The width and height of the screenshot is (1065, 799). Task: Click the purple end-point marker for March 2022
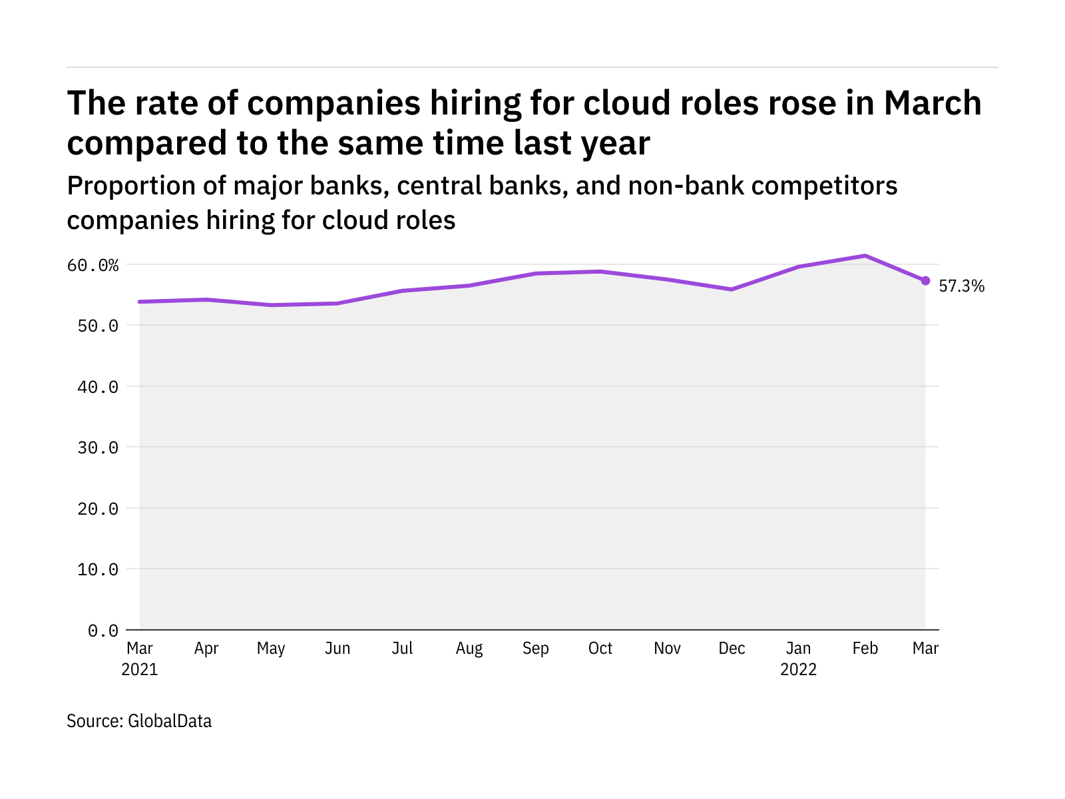pyautogui.click(x=925, y=281)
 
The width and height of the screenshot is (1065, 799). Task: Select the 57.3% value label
pyautogui.click(x=961, y=286)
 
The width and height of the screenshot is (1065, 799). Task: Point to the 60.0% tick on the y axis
pyautogui.click(x=93, y=266)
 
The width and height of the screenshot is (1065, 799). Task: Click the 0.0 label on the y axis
pyautogui.click(x=103, y=631)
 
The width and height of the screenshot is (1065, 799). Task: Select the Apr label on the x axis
pyautogui.click(x=206, y=649)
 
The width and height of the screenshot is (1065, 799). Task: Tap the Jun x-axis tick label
pyautogui.click(x=337, y=649)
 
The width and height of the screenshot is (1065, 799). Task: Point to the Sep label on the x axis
pyautogui.click(x=535, y=649)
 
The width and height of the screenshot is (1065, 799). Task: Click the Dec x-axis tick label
pyautogui.click(x=732, y=649)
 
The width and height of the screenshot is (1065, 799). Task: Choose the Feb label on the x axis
pyautogui.click(x=865, y=649)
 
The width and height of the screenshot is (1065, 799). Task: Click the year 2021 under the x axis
pyautogui.click(x=140, y=669)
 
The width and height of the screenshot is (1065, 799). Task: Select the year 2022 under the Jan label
pyautogui.click(x=798, y=669)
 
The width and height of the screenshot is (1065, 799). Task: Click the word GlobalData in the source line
pyautogui.click(x=170, y=721)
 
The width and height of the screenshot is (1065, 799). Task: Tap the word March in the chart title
pyautogui.click(x=933, y=103)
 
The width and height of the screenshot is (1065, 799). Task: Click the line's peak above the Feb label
pyautogui.click(x=865, y=256)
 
